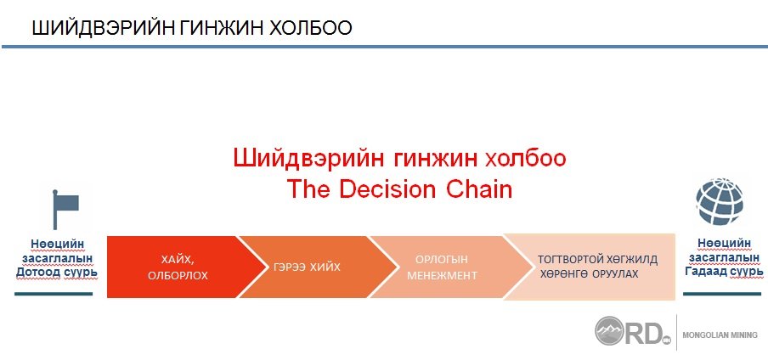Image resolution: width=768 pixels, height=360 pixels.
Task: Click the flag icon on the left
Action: (65, 209)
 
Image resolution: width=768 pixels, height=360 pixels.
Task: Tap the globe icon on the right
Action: (719, 201)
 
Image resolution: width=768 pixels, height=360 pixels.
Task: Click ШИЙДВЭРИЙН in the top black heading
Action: (101, 28)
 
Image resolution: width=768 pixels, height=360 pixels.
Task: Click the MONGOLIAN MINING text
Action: (720, 335)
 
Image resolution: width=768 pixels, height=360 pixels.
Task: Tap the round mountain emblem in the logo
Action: (609, 330)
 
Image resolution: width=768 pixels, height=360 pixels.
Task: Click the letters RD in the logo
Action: (642, 332)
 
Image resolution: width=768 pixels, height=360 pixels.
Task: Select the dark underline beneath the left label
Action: (54, 294)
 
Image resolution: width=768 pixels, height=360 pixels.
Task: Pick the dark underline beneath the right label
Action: (722, 294)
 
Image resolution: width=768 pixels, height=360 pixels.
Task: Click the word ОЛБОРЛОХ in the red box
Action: (178, 276)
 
